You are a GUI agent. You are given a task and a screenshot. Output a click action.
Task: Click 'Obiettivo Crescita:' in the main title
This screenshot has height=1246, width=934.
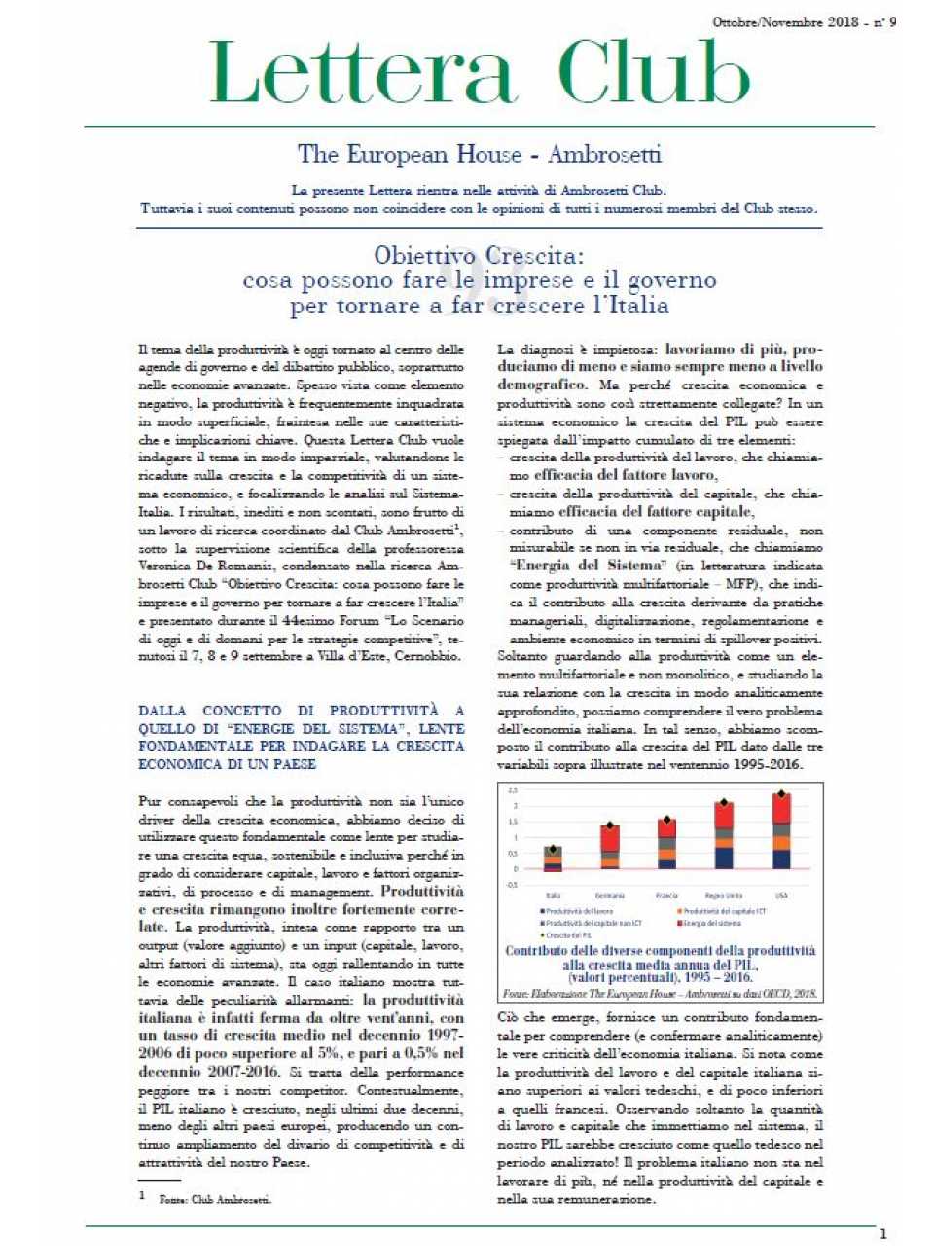pos(479,256)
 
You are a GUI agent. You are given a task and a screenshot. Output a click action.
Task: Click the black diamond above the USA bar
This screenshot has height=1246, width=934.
pos(780,794)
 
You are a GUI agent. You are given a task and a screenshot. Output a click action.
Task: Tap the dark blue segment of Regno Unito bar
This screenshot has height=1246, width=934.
pos(724,857)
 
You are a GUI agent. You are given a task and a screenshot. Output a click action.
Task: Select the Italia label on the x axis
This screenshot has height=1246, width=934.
pos(553,896)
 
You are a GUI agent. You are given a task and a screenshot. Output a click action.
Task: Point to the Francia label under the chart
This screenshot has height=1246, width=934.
pos(667,896)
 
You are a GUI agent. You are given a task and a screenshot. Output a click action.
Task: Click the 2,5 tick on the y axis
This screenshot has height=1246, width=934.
pos(513,790)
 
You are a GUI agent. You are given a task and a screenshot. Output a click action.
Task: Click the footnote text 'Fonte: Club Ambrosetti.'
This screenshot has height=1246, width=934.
pos(215,1199)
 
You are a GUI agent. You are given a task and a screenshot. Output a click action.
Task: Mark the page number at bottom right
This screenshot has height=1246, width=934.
pos(882,1234)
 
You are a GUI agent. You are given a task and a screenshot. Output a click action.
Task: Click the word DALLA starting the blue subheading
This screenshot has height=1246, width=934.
pos(162,711)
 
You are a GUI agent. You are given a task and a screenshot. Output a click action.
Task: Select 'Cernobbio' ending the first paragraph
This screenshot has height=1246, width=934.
pos(429,656)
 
